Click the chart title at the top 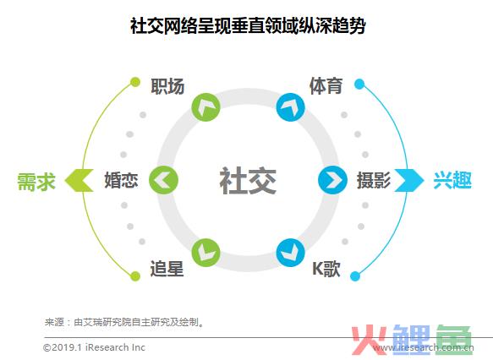click(248, 25)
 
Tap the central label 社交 click(248, 180)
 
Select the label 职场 click(167, 86)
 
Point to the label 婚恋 click(121, 180)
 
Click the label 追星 click(167, 269)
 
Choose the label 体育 click(326, 85)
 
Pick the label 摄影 click(374, 180)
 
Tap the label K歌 click(326, 269)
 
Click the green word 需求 click(36, 181)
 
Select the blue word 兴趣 click(452, 180)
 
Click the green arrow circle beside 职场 click(205, 107)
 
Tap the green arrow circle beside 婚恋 click(163, 180)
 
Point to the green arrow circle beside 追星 click(205, 253)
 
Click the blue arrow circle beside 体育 click(291, 107)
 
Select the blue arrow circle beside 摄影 click(332, 180)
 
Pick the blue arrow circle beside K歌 click(291, 253)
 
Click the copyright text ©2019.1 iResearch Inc click(94, 347)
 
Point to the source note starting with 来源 click(124, 322)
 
